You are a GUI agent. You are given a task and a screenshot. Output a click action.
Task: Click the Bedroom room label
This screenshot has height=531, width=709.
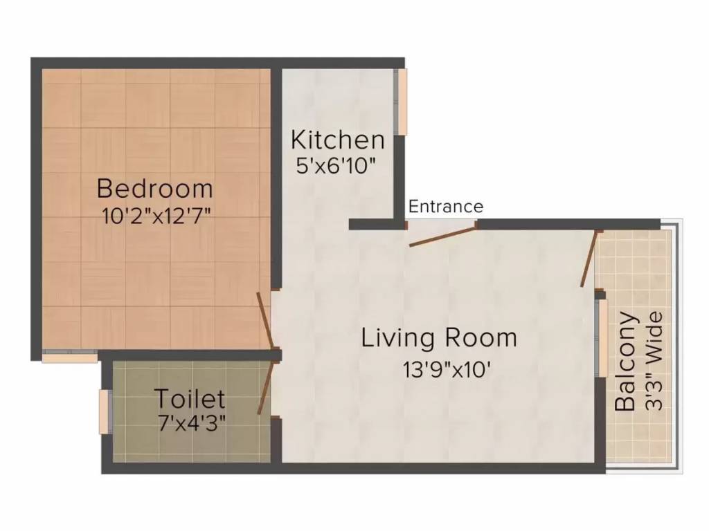[154, 188]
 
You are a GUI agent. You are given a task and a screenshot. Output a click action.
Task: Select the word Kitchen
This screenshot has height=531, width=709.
[337, 140]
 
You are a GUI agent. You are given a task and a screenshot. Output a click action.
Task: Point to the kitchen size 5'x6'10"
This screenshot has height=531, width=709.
[337, 165]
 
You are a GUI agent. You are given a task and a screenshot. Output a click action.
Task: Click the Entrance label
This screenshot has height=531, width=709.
[446, 207]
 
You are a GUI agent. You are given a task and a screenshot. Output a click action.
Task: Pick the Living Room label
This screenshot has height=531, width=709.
[440, 338]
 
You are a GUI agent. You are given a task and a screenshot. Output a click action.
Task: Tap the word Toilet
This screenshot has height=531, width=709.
[189, 399]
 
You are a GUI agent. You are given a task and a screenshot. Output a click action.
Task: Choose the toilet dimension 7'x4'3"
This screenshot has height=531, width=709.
[191, 422]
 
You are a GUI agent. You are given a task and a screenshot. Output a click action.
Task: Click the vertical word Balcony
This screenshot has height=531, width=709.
[626, 362]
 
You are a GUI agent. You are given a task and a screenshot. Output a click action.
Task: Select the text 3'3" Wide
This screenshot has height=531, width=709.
[654, 362]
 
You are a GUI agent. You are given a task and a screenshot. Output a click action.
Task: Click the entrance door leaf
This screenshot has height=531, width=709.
[442, 234]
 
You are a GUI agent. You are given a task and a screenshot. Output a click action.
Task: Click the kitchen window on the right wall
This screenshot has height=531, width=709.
[401, 102]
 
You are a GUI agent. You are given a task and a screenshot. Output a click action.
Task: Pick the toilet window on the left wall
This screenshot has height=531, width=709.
[105, 412]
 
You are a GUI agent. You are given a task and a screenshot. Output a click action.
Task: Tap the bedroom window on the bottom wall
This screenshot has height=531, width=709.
[69, 357]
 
